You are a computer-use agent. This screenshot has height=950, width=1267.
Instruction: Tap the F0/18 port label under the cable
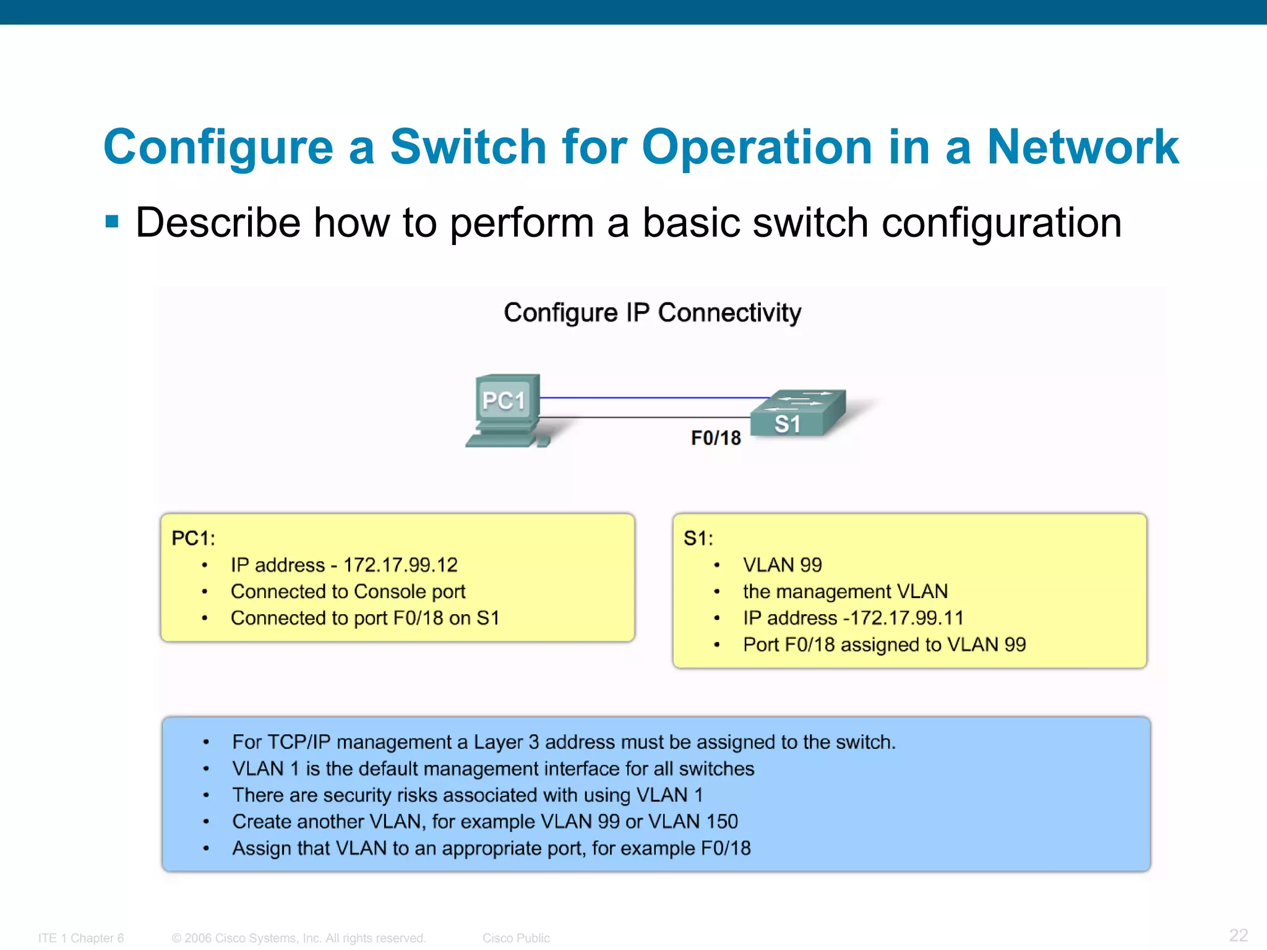[716, 438]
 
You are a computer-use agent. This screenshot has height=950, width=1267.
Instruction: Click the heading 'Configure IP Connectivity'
[652, 313]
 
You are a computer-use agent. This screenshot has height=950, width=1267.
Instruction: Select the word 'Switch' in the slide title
[468, 147]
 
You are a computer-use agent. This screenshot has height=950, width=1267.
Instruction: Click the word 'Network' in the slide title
[1082, 147]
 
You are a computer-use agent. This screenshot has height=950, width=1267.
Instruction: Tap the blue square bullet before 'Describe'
[112, 221]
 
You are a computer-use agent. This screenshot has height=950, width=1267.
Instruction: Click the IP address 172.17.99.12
[400, 565]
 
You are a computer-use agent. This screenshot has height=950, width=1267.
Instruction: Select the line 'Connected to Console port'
[348, 591]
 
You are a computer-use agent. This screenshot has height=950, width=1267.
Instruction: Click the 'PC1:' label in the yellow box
[193, 538]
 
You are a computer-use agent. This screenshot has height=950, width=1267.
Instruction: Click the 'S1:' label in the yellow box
[698, 538]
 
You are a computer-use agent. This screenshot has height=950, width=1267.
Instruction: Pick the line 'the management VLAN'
[845, 591]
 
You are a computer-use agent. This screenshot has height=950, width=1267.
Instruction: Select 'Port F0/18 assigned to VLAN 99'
[884, 644]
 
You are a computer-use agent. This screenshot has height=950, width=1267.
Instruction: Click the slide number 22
[1238, 935]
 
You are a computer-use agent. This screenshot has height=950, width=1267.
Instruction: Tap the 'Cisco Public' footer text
[516, 938]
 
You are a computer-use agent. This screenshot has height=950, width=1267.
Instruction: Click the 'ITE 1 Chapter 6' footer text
[81, 938]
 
